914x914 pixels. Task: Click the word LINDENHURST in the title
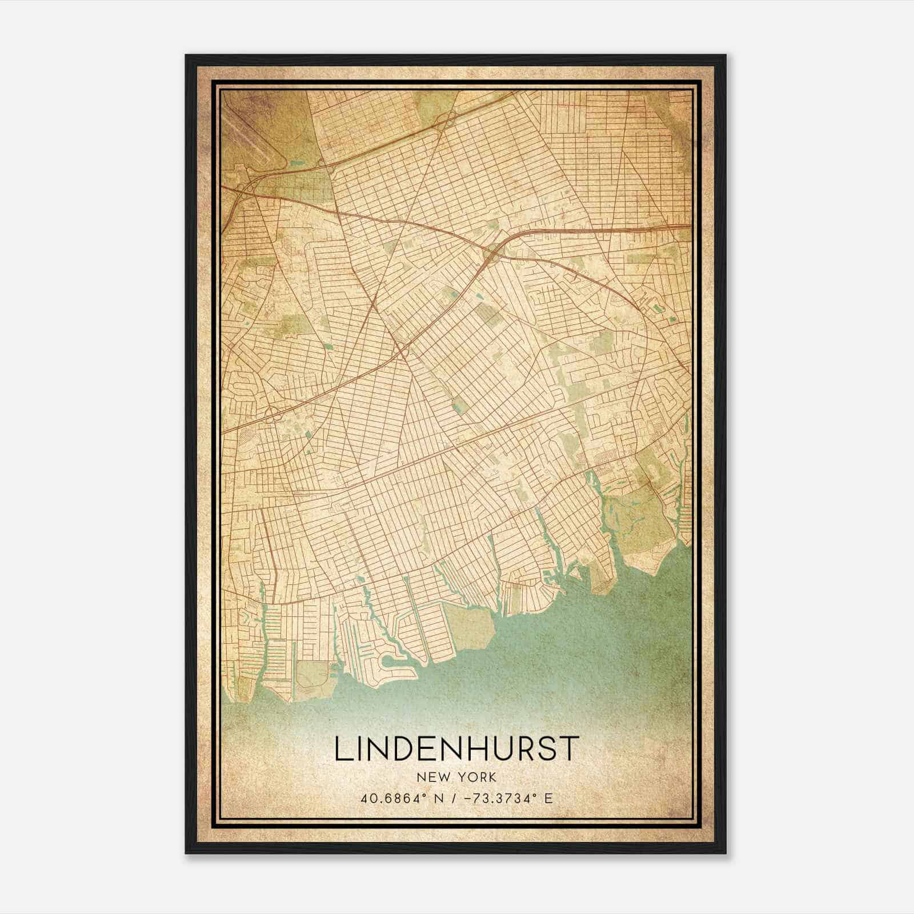click(456, 749)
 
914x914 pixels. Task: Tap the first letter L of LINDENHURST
click(341, 749)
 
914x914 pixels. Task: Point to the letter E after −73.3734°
click(548, 798)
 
